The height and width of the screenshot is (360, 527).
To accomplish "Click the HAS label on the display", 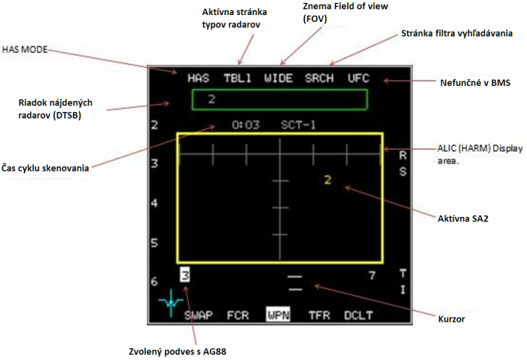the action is tap(198, 78).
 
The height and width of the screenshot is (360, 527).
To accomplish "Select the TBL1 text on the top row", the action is tap(238, 78).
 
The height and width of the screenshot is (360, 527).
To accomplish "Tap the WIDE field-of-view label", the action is tap(279, 78).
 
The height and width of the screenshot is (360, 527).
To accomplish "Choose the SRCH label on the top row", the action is tap(319, 78).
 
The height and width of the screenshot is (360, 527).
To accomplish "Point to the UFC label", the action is tap(358, 78).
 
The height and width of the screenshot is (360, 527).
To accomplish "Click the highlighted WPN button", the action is tap(279, 315).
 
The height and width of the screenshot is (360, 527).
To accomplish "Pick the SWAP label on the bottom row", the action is tap(198, 316).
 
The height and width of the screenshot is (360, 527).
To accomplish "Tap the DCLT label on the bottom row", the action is tap(358, 316).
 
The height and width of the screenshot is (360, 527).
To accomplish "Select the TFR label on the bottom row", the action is tap(319, 316).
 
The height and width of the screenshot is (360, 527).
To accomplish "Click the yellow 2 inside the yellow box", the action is tap(327, 180).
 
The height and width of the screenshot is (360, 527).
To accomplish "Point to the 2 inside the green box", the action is tap(212, 99).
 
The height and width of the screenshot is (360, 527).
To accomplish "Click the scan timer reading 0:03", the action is tap(245, 125).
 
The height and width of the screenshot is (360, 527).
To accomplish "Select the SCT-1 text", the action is tap(298, 125).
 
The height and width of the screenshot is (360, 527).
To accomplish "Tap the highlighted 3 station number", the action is tap(185, 276).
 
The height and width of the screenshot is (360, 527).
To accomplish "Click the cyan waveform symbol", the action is tap(171, 303).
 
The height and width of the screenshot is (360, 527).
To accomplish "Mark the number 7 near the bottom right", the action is tap(372, 276).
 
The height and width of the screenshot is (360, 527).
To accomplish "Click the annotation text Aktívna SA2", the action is tap(463, 219).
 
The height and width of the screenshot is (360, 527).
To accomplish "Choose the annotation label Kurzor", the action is tap(452, 319).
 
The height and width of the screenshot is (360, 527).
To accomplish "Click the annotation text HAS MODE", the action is tap(25, 50).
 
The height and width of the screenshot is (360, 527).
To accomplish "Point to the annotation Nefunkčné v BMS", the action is tap(475, 83).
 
